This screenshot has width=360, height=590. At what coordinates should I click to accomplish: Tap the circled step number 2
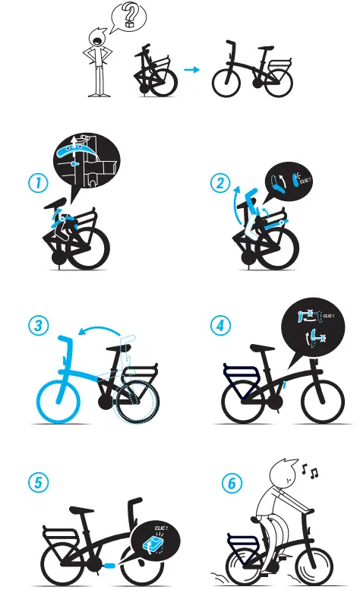click(220, 184)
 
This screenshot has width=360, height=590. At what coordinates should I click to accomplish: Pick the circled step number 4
click(220, 326)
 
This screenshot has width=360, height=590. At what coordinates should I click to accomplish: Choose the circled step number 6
click(230, 483)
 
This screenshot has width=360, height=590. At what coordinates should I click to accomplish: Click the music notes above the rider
click(310, 472)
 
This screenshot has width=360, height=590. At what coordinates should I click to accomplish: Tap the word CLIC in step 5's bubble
click(161, 526)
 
